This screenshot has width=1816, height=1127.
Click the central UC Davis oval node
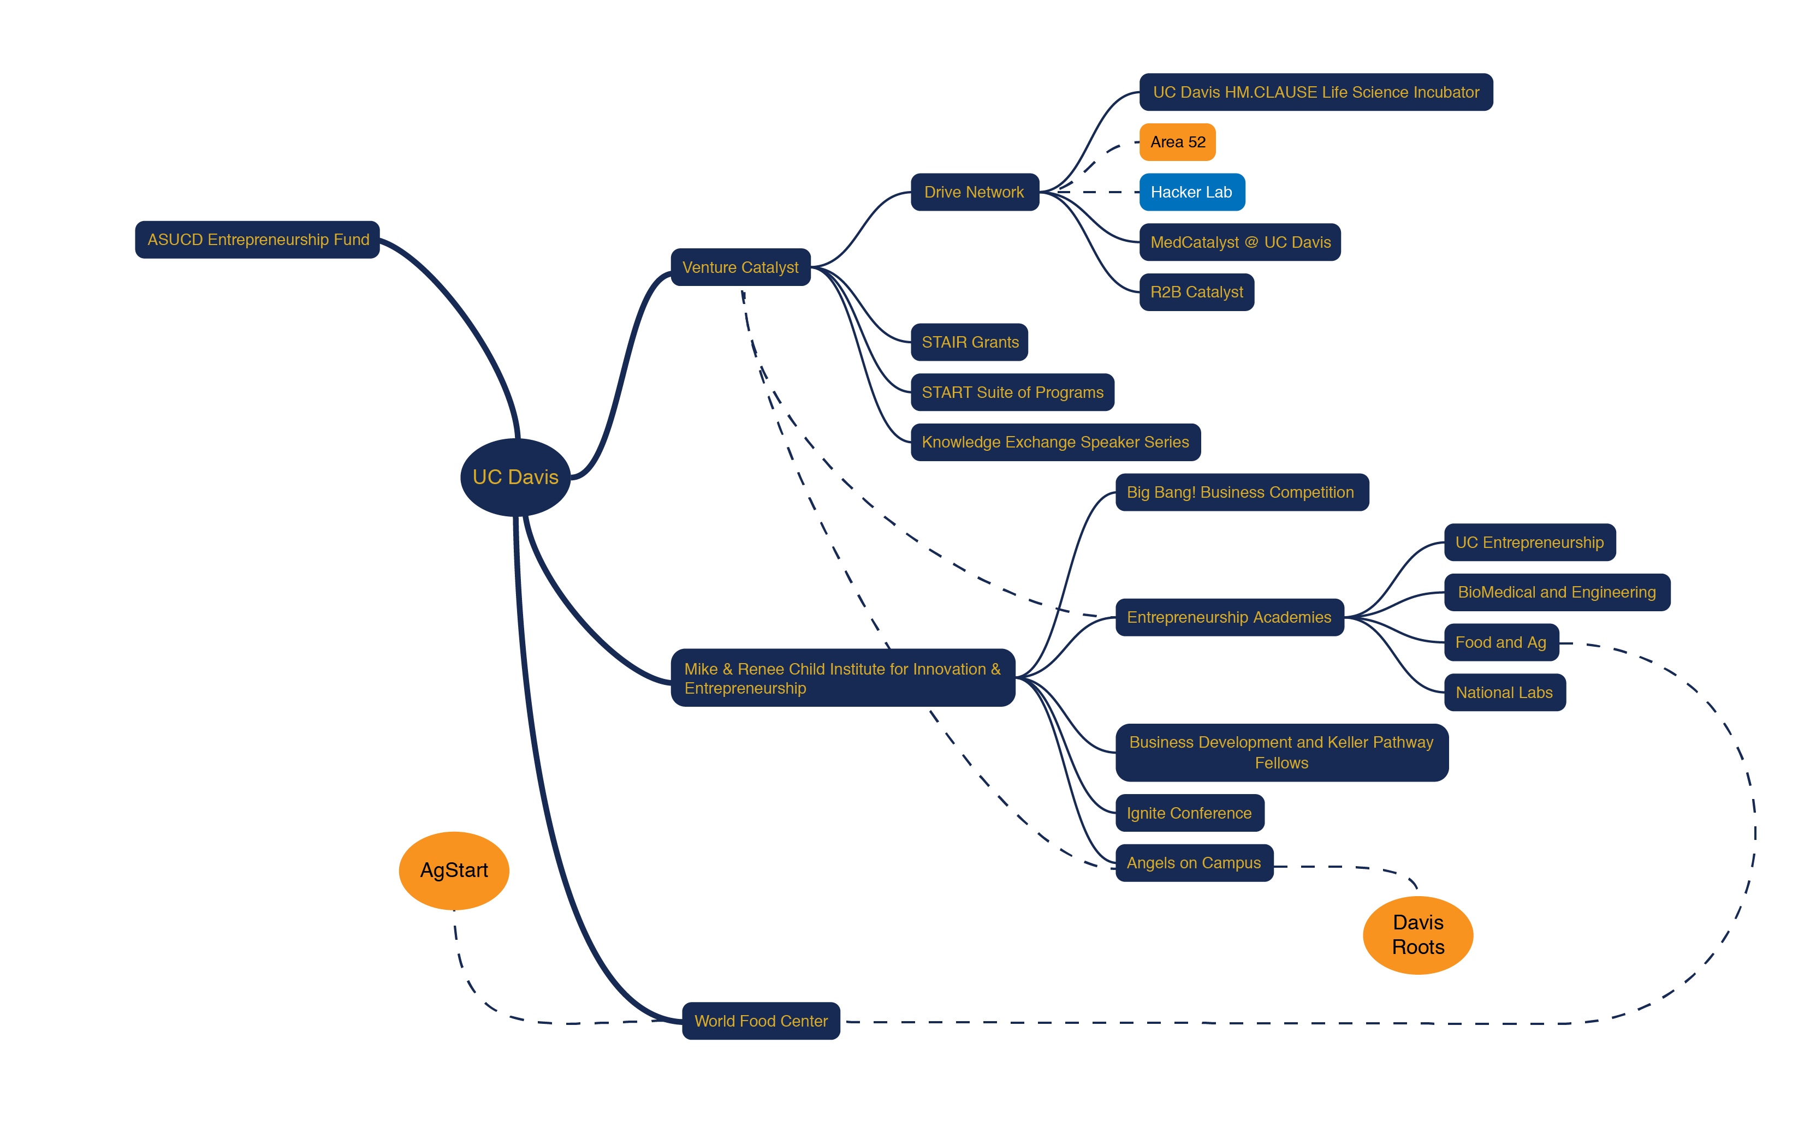pos(515,477)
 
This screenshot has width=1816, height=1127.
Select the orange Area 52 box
pos(1177,141)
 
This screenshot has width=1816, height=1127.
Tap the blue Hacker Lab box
pos(1191,192)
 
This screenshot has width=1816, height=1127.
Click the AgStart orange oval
pos(454,870)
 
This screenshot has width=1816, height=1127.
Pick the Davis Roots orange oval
pos(1418,935)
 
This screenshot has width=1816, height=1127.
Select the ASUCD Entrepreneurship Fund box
pos(257,239)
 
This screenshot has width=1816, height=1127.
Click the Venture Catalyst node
pos(740,267)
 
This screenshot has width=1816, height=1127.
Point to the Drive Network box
pos(975,192)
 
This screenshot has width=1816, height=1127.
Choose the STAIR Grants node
pos(969,342)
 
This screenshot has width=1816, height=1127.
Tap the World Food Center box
pos(761,1021)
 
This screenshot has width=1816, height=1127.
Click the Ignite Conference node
pos(1190,813)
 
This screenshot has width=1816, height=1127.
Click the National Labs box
pos(1504,693)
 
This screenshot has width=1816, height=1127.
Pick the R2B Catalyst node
pos(1196,292)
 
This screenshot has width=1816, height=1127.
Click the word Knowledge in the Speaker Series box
pos(961,442)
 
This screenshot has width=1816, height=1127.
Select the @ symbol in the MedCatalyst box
pos(1251,242)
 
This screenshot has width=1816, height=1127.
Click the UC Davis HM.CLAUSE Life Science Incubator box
pos(1316,92)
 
